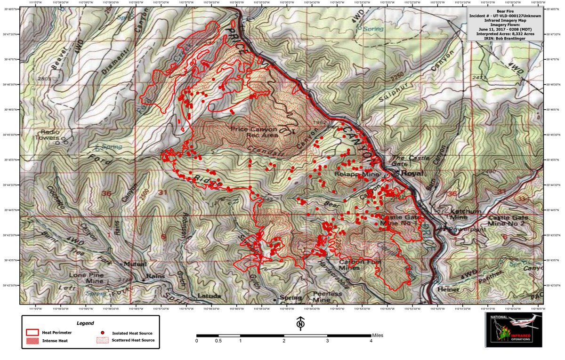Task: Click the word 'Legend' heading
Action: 85,324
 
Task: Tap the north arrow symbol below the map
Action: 299,324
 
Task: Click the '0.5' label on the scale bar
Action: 218,341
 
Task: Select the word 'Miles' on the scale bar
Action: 377,335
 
